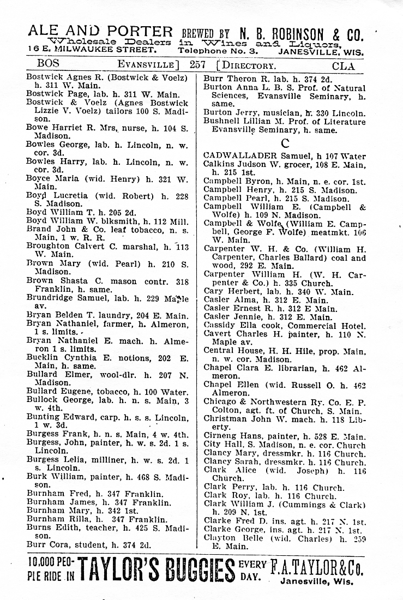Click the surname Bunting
pyautogui.click(x=44, y=418)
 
